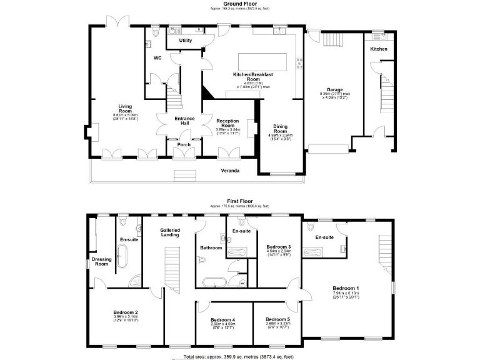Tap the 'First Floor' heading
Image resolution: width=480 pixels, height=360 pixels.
point(241,201)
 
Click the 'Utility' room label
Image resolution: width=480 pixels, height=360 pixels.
point(186,41)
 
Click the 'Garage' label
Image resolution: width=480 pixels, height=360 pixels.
point(334,89)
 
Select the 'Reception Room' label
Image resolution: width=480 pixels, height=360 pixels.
point(227,123)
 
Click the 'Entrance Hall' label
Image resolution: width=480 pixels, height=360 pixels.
point(184,121)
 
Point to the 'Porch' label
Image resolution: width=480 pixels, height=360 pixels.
point(184,145)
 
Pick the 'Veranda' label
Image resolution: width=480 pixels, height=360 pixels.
point(231,169)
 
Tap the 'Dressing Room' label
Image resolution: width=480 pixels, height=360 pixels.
point(101,261)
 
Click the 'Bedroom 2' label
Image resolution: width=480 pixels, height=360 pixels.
point(126,312)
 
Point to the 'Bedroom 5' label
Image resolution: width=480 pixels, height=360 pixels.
point(277,319)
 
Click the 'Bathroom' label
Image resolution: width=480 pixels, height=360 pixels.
point(211,248)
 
